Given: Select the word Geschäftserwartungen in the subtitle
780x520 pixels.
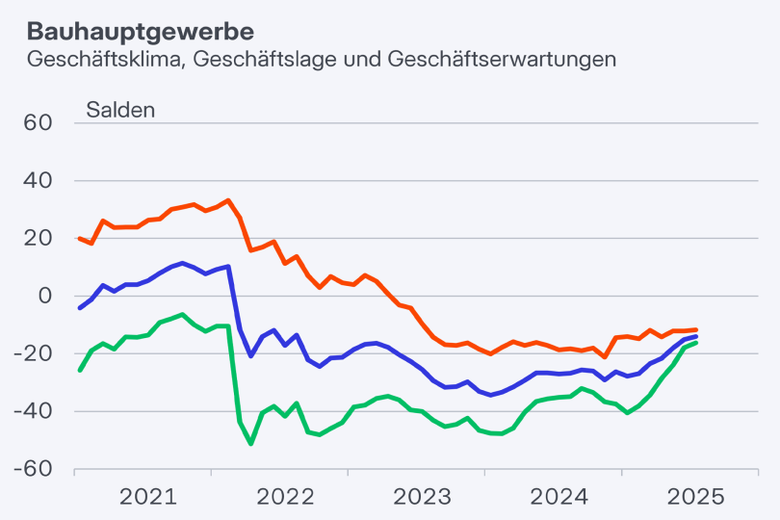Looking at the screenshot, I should tap(502, 59).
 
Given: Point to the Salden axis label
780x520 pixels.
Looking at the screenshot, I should tap(120, 109).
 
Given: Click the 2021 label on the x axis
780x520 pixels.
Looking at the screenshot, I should tap(147, 497).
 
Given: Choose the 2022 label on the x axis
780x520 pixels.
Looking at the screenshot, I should tap(285, 497).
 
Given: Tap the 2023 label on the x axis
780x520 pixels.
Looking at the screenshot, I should tap(422, 497).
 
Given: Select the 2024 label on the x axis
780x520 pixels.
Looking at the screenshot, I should tap(559, 497).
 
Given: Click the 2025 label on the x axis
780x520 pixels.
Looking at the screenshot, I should tap(695, 497).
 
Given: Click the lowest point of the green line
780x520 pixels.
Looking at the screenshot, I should tap(251, 443).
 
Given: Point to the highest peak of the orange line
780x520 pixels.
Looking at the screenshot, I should tap(228, 200).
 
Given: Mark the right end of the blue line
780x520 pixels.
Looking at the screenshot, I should tap(695, 336).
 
